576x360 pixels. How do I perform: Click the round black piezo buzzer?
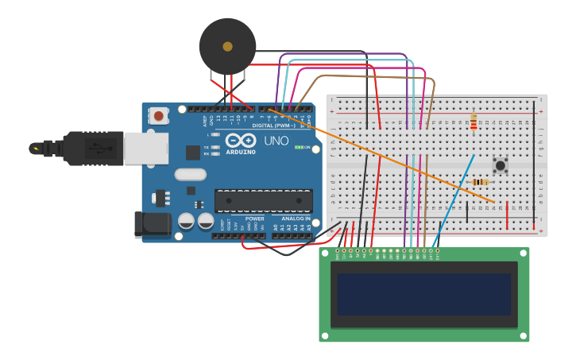coord(227,47)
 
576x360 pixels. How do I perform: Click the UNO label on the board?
coord(276,141)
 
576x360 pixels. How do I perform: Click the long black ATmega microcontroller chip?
coord(263,200)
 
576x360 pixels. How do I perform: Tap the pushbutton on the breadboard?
coord(501,165)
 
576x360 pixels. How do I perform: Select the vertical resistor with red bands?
coord(474,122)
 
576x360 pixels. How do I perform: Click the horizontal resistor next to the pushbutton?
coord(480,182)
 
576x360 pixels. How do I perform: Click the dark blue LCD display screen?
coord(423,294)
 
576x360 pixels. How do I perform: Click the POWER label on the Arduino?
coord(254,219)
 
